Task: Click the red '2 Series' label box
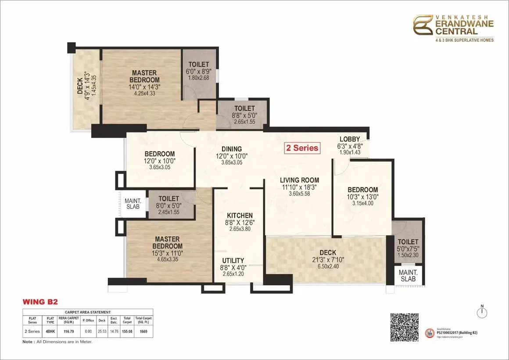[302, 148]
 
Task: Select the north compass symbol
[482, 312]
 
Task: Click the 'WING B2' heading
[40, 302]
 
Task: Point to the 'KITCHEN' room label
[240, 216]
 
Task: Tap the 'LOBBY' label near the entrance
[349, 139]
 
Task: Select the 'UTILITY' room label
[233, 260]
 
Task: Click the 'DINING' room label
[232, 149]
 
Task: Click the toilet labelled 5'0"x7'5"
[408, 248]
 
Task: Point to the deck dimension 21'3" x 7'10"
[328, 259]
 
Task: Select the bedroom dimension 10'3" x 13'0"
[363, 196]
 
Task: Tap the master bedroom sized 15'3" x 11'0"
[167, 253]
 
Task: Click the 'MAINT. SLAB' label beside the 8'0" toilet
[132, 203]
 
